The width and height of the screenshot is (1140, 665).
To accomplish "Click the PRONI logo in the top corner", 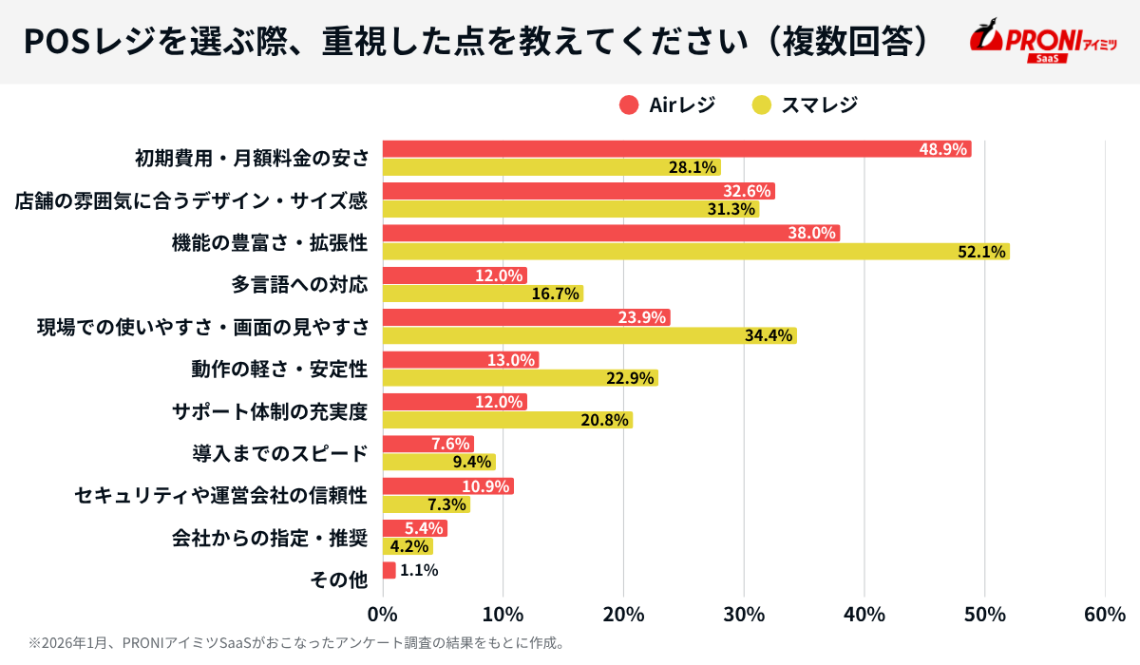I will pyautogui.click(x=1042, y=42).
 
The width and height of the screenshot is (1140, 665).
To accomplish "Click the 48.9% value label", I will pyautogui.click(x=942, y=149).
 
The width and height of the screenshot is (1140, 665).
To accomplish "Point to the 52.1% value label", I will pyautogui.click(x=981, y=252).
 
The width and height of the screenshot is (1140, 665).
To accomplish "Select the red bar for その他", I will pyautogui.click(x=389, y=570).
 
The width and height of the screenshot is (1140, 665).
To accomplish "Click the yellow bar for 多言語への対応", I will pyautogui.click(x=483, y=294).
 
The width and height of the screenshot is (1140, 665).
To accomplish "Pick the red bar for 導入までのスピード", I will pyautogui.click(x=427, y=444).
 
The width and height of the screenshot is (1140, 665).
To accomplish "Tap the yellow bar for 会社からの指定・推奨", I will pyautogui.click(x=408, y=546).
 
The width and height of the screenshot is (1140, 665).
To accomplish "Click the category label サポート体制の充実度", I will pyautogui.click(x=269, y=411).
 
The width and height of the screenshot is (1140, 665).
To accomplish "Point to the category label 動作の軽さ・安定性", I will pyautogui.click(x=279, y=369).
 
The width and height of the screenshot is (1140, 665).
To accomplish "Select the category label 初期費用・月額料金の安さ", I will pyautogui.click(x=251, y=158).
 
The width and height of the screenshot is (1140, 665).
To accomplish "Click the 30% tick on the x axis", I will pyautogui.click(x=744, y=615).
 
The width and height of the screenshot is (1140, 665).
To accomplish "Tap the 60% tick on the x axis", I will pyautogui.click(x=1105, y=615).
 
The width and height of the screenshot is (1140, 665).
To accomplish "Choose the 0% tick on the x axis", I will pyautogui.click(x=383, y=615).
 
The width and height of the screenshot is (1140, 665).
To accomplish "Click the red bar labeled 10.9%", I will pyautogui.click(x=447, y=486).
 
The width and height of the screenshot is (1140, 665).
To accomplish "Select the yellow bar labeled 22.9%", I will pyautogui.click(x=520, y=378).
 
